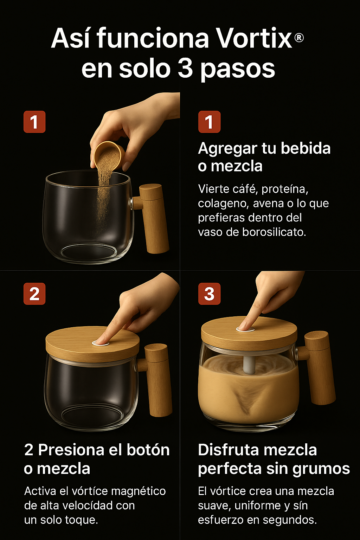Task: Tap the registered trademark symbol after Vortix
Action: (x=299, y=38)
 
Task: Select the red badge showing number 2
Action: (x=34, y=294)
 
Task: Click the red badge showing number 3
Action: (x=209, y=294)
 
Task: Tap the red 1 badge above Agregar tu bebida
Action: (x=209, y=122)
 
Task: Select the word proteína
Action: (x=285, y=189)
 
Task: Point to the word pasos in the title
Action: (x=238, y=69)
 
